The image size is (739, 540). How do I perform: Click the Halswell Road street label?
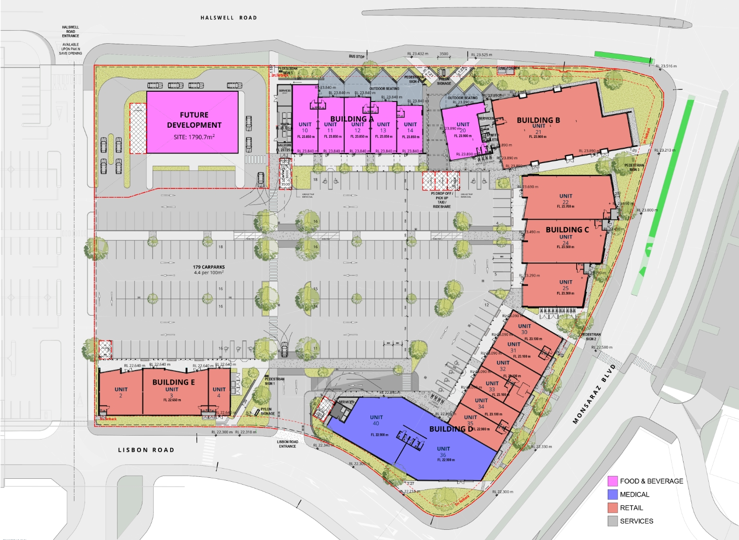[x=229, y=18]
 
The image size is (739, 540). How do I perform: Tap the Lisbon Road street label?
[x=146, y=450]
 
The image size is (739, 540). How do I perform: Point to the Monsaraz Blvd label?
[x=594, y=394]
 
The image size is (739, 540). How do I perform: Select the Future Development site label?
[x=194, y=120]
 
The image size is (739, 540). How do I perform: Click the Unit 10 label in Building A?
[x=305, y=128]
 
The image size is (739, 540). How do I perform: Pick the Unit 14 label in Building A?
[x=410, y=128]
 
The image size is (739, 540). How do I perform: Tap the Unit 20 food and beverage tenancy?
[x=463, y=128]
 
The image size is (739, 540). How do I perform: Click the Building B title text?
[x=538, y=120]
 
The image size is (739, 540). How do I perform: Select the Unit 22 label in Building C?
[x=565, y=199]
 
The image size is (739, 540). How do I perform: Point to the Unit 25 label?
[x=565, y=285]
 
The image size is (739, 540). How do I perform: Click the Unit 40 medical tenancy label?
[x=376, y=420]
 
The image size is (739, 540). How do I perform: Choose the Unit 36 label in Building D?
[x=443, y=452]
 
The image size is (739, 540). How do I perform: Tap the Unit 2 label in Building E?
[x=121, y=392]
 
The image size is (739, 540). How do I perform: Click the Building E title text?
[x=174, y=382]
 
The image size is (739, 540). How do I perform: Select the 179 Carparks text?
[x=209, y=267]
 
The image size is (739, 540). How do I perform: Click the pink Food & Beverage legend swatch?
[x=613, y=481]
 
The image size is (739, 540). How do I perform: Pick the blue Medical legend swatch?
[x=613, y=494]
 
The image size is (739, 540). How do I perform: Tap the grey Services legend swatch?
[x=613, y=521]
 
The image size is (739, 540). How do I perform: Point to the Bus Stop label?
[x=356, y=56]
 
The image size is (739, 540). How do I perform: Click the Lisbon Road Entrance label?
[x=287, y=444]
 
